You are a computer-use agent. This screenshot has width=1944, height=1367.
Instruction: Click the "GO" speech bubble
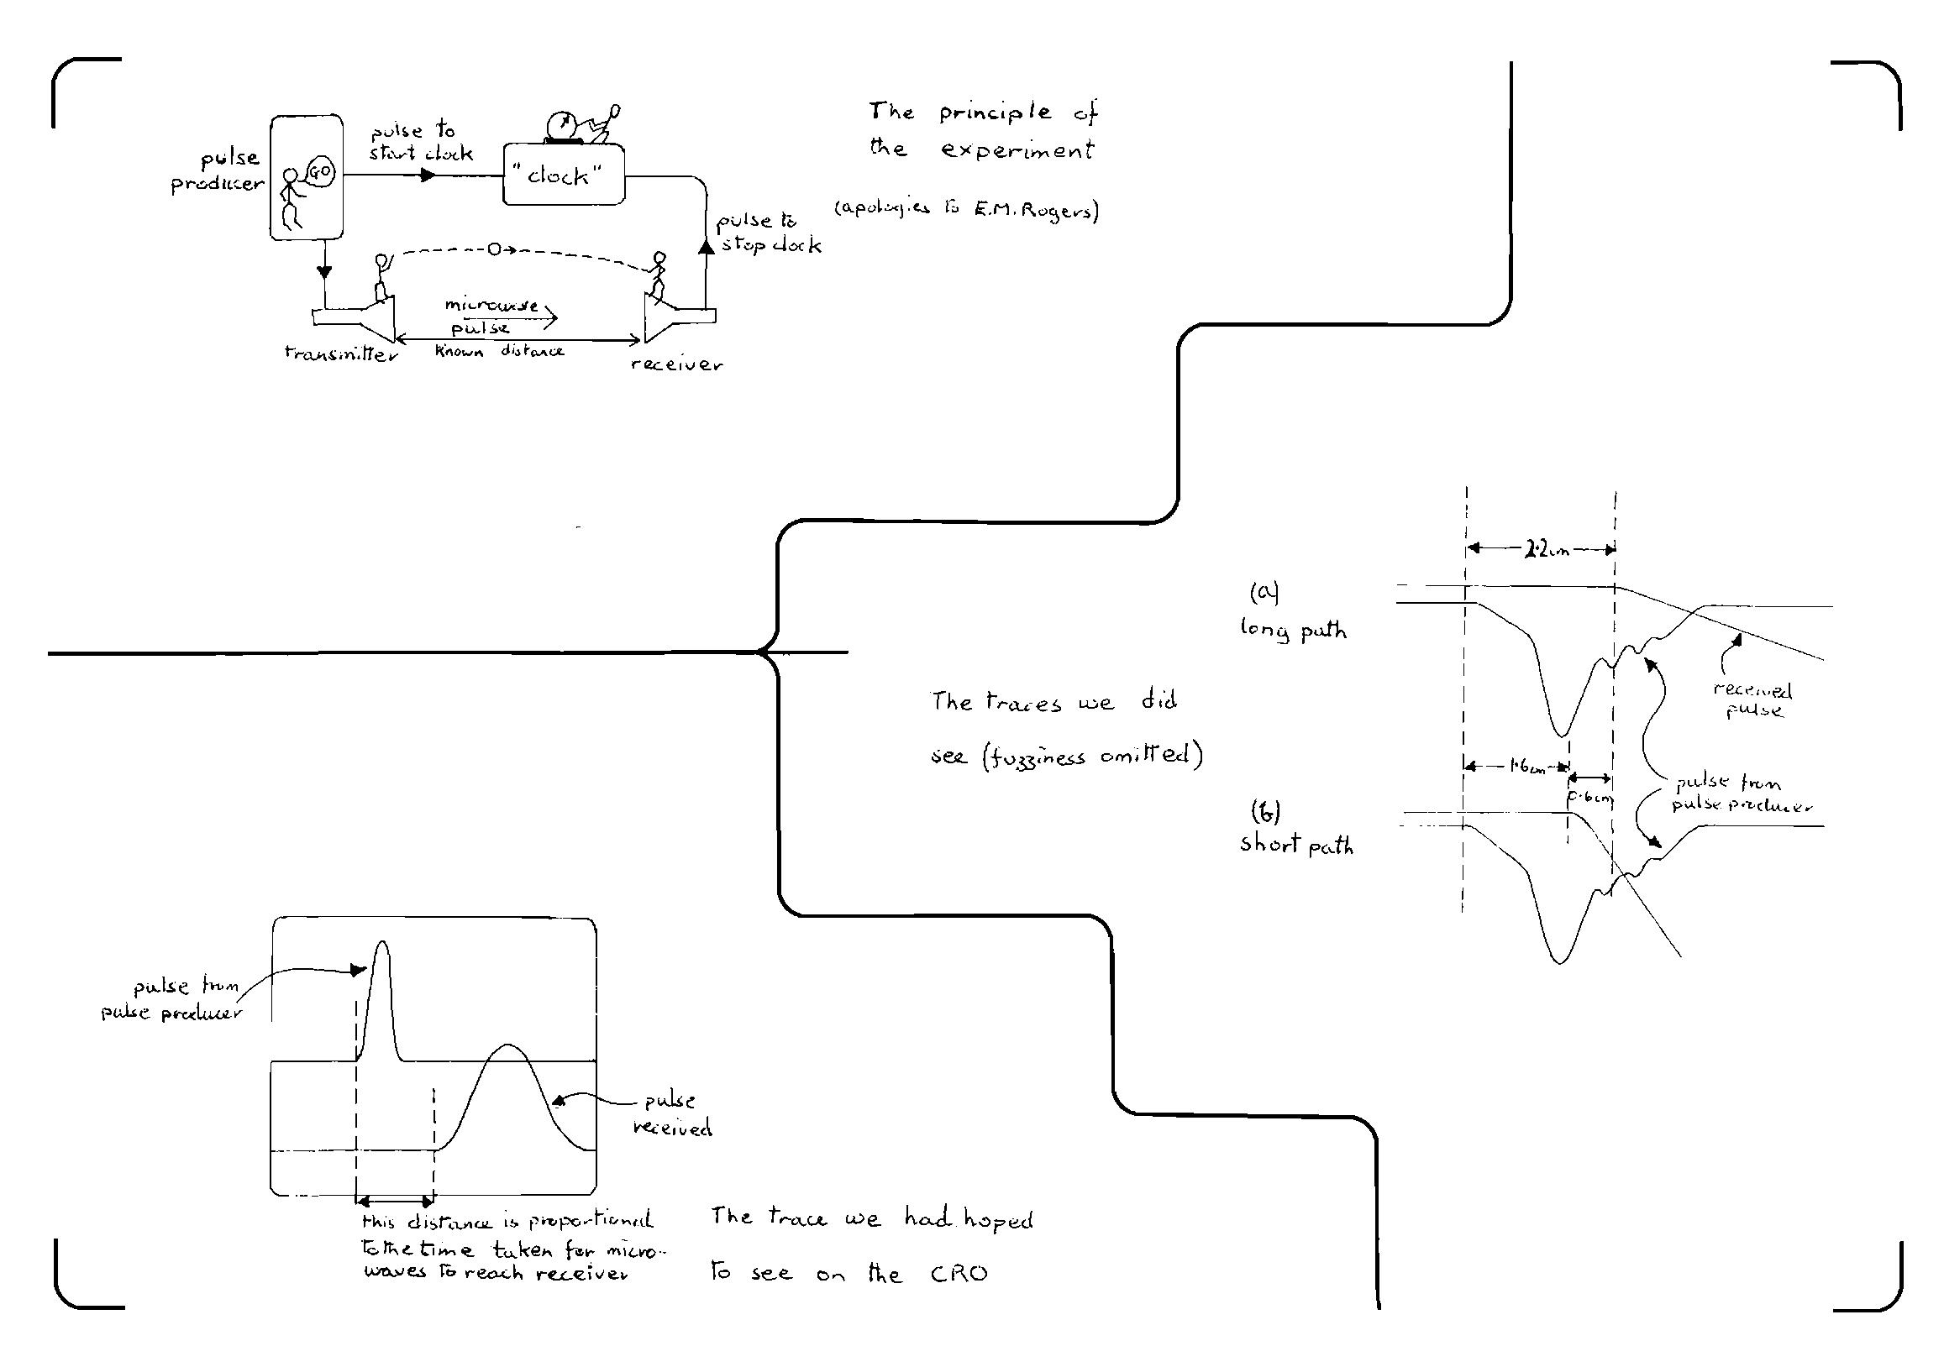point(323,172)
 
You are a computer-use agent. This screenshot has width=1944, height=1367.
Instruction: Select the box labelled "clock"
point(564,175)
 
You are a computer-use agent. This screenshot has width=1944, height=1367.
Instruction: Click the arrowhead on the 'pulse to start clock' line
point(428,175)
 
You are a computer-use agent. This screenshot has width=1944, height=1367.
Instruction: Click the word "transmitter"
point(341,354)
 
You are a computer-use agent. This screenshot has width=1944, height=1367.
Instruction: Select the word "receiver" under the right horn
point(676,364)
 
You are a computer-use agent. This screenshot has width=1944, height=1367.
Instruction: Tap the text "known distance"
point(500,351)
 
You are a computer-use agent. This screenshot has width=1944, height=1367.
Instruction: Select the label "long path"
point(1293,630)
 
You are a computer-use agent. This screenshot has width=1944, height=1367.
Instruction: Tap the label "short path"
point(1296,845)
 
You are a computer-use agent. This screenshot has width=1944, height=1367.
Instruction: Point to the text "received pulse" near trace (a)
point(1752,700)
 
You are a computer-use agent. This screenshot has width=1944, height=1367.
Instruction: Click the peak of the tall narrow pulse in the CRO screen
point(382,942)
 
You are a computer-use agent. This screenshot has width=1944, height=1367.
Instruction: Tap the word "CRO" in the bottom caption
point(959,1274)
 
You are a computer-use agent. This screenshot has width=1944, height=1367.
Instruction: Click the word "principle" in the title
point(994,113)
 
